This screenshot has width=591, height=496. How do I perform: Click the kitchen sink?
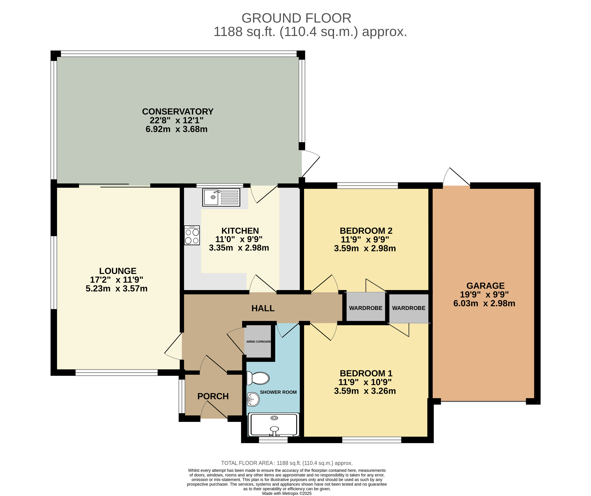[221, 197]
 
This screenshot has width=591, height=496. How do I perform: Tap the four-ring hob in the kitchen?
[192, 235]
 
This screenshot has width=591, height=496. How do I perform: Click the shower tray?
[273, 425]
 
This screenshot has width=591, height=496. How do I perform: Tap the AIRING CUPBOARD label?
[259, 342]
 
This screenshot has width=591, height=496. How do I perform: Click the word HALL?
[263, 309]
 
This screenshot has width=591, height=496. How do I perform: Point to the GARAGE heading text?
[485, 286]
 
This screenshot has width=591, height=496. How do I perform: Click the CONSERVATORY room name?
[178, 112]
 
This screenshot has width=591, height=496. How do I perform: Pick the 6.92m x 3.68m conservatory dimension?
[177, 129]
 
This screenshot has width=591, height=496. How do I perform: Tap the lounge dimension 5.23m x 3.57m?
[117, 288]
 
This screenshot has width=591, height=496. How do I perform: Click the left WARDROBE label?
[366, 308]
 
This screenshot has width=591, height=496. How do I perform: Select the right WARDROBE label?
[409, 308]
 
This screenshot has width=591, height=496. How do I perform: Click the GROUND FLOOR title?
[296, 18]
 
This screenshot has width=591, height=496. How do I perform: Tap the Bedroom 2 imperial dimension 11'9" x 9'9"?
[365, 240]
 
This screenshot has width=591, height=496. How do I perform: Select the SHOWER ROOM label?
[278, 392]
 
